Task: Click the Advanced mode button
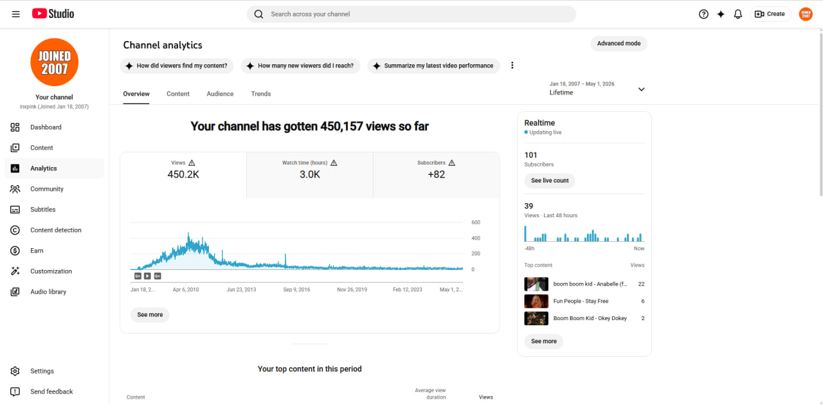pyautogui.click(x=619, y=43)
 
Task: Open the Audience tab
pyautogui.click(x=220, y=94)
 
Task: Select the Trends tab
pyautogui.click(x=261, y=94)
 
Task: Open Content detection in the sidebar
pyautogui.click(x=55, y=230)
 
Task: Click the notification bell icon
pyautogui.click(x=737, y=14)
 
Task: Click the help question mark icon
pyautogui.click(x=703, y=14)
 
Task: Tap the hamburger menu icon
pyautogui.click(x=16, y=14)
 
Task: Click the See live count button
pyautogui.click(x=550, y=181)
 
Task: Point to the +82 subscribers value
pyautogui.click(x=436, y=174)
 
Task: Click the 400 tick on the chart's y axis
pyautogui.click(x=476, y=238)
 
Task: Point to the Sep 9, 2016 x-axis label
pyautogui.click(x=296, y=289)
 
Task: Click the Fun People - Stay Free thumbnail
pyautogui.click(x=536, y=301)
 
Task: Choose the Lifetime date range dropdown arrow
pyautogui.click(x=641, y=89)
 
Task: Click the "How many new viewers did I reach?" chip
pyautogui.click(x=300, y=66)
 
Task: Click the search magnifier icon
pyautogui.click(x=258, y=14)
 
